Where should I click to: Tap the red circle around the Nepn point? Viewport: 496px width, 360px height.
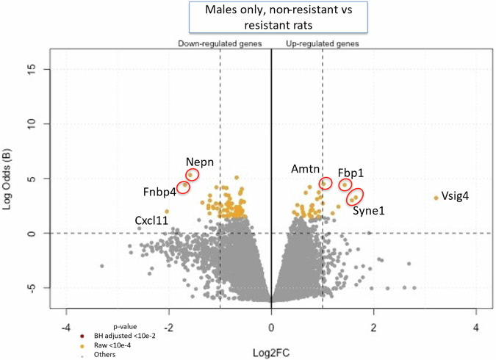(x=192, y=175)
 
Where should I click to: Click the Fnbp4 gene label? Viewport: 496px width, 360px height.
(x=160, y=192)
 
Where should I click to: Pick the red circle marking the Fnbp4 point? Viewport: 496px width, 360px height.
(x=183, y=187)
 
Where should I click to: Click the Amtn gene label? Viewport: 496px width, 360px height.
(x=305, y=169)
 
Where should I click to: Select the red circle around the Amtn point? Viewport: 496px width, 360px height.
(x=326, y=183)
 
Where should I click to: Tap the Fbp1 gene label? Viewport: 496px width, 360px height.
(x=351, y=173)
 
